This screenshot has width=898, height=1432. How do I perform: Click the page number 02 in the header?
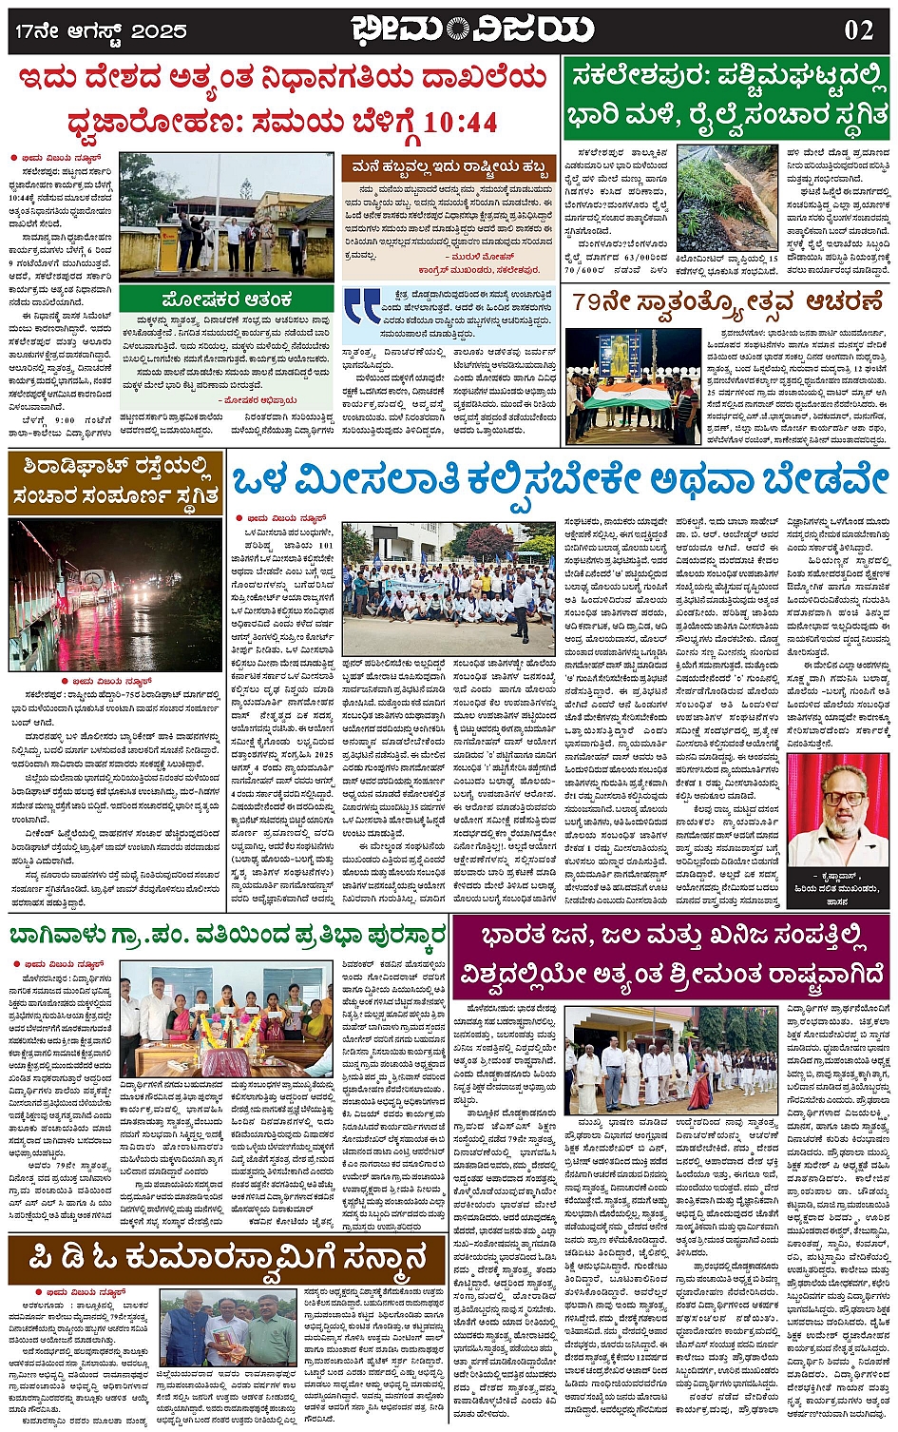pos(858,29)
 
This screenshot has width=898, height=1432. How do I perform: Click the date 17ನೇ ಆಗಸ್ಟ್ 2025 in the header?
pos(101,30)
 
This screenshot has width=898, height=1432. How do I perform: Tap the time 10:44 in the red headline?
pos(460,123)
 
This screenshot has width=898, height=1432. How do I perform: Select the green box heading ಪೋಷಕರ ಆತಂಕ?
pos(227,299)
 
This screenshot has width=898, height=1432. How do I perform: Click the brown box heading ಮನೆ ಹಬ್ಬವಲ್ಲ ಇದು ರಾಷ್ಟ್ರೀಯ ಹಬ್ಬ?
pos(449,168)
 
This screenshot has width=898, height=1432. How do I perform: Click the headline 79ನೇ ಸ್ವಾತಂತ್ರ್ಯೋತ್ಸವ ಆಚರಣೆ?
pos(727,302)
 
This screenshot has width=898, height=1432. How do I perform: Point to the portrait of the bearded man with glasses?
pos(836,810)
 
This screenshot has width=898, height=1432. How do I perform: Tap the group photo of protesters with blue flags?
pos(448,589)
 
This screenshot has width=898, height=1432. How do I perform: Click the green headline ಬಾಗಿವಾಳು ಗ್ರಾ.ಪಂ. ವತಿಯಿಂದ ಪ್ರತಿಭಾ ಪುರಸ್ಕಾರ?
pos(227,937)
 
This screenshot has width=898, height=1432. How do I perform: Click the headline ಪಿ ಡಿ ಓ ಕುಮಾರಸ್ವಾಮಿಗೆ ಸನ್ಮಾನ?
pos(227,1261)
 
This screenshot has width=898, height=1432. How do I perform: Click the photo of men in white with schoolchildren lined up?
pos(670,1060)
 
